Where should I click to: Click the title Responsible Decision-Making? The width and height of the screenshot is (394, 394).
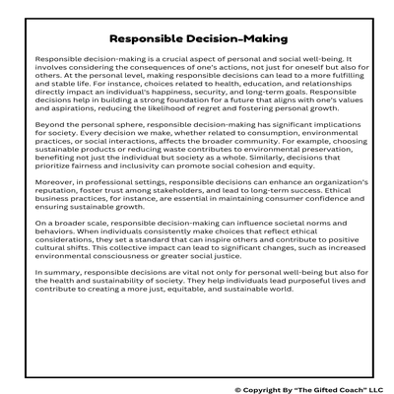pos(197,39)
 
